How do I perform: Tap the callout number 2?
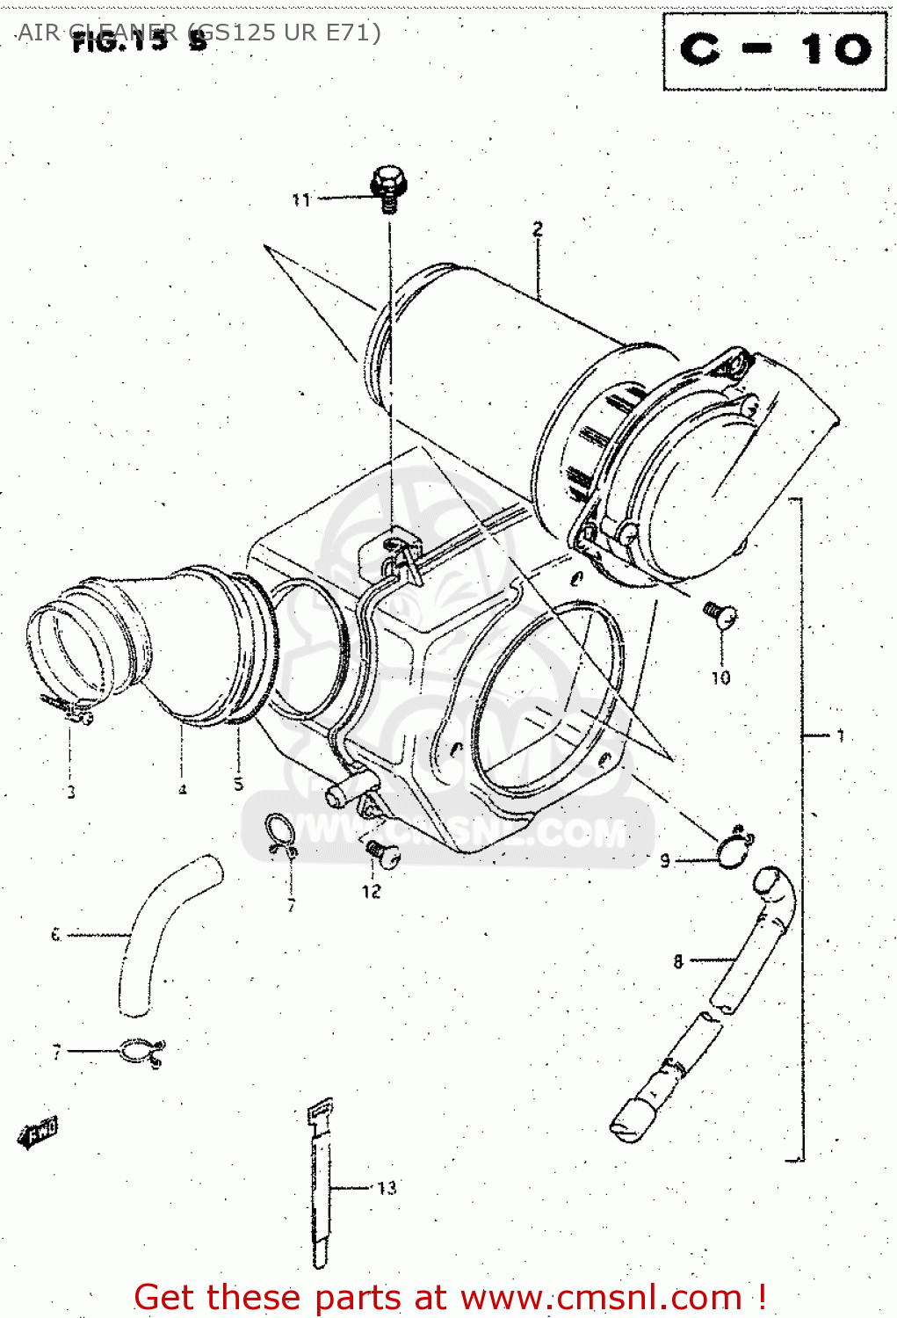[x=538, y=229]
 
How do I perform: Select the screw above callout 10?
[x=720, y=613]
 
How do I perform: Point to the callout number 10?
[x=720, y=677]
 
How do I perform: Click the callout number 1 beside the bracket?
[x=841, y=735]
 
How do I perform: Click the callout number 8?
[x=678, y=961]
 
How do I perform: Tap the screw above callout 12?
[x=381, y=851]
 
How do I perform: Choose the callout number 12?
[x=372, y=891]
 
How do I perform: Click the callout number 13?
[x=387, y=1188]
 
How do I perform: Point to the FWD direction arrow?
[x=37, y=1133]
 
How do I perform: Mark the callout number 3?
[x=71, y=792]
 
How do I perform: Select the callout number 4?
[x=183, y=789]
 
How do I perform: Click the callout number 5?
[x=238, y=784]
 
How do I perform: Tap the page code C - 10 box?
[x=775, y=51]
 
